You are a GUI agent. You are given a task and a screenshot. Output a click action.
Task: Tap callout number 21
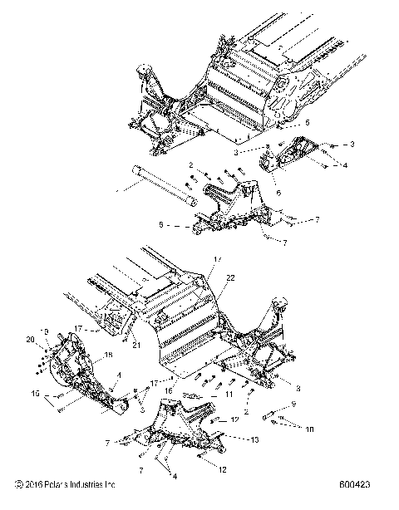point(134,346)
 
